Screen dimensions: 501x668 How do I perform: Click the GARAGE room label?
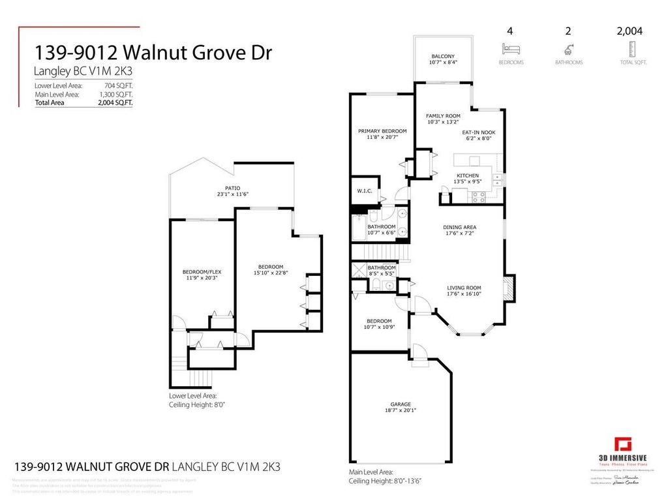401,404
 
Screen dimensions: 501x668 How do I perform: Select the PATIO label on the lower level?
224,188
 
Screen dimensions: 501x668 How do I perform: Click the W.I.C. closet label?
365,191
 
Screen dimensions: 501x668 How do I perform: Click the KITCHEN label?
467,175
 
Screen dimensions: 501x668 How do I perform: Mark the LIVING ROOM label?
464,287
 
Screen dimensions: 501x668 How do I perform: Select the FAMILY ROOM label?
443,115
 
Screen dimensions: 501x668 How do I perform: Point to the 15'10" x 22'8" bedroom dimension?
270,273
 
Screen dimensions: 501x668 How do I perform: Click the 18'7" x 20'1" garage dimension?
401,411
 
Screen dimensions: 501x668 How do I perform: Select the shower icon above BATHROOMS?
568,48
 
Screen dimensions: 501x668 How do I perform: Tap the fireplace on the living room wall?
509,287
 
